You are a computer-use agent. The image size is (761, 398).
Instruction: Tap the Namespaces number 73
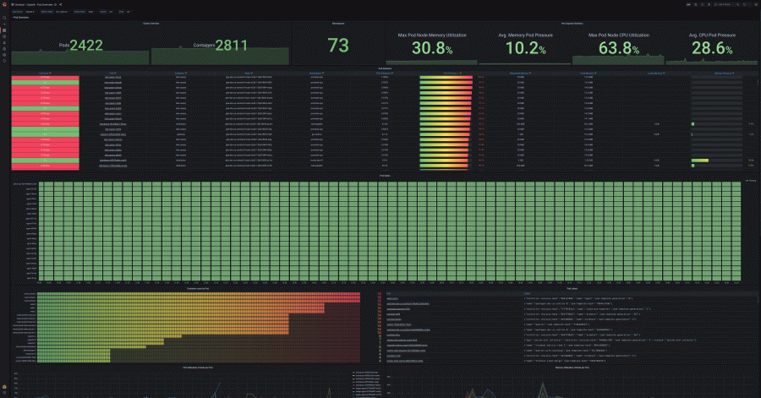[x=338, y=46]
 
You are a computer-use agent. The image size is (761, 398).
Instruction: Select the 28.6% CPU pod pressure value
[x=711, y=48]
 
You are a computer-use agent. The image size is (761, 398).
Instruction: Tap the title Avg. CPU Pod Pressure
[x=711, y=35]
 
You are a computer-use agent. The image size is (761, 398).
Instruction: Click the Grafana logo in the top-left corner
[x=4, y=4]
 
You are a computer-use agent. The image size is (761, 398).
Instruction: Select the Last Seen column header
[x=44, y=74]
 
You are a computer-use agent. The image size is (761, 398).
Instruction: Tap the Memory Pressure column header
[x=723, y=74]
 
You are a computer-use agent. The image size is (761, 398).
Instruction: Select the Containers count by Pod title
[x=196, y=289]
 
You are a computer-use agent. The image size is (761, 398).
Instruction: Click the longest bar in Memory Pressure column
[x=700, y=160]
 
